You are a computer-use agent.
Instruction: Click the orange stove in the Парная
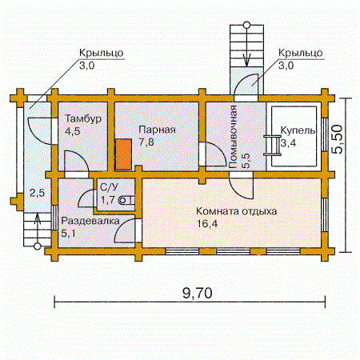click(123, 154)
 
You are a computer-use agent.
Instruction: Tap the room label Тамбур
click(83, 118)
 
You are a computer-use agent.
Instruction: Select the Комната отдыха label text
click(237, 211)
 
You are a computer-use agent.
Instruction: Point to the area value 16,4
click(207, 223)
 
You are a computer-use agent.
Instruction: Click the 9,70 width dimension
click(198, 293)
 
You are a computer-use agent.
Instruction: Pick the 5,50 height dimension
click(337, 139)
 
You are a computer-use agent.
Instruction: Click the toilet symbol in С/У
click(127, 200)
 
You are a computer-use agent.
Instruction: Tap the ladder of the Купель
click(273, 145)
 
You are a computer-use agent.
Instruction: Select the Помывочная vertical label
click(233, 137)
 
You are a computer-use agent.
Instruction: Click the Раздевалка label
click(90, 221)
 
